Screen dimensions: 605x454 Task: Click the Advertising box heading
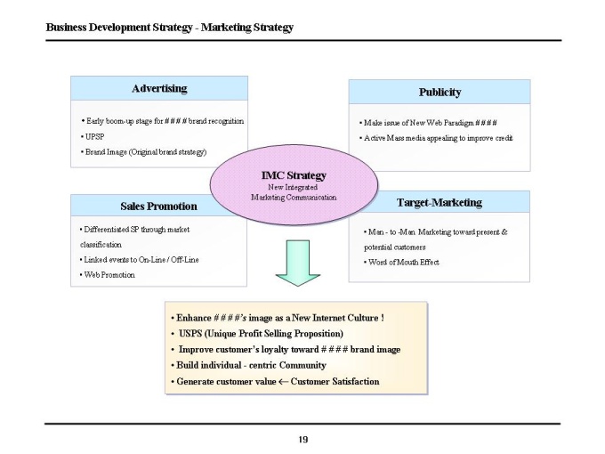tap(159, 89)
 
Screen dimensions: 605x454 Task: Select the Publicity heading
tap(440, 93)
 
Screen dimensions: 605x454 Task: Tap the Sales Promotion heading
tap(158, 207)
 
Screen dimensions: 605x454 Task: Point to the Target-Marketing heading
tap(440, 203)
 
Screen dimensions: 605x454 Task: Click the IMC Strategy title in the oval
tap(294, 175)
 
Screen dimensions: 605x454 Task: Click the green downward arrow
tap(298, 263)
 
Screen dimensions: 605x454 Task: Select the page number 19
tap(302, 440)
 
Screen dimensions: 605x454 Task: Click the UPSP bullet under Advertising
tap(93, 137)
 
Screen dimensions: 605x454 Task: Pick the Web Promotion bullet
tap(108, 275)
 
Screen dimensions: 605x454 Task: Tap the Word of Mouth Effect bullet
tap(401, 263)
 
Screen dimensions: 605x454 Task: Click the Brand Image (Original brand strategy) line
tap(143, 152)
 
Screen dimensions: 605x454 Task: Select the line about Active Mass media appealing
tap(436, 138)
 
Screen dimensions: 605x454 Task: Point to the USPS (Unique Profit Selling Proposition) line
tap(257, 334)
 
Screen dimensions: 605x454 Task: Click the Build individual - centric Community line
tap(248, 365)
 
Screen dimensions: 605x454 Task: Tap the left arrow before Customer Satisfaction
tap(283, 382)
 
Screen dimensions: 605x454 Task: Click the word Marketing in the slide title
tap(226, 28)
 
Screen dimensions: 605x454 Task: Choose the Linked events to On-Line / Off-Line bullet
tap(140, 260)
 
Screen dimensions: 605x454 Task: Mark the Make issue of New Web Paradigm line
tap(428, 123)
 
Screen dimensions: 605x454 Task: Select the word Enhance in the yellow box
tap(194, 318)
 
